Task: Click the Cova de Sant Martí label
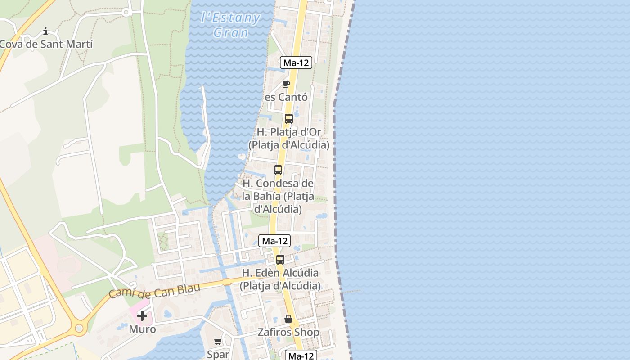click(x=46, y=44)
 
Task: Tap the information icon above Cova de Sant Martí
click(x=45, y=31)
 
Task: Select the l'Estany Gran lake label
click(x=231, y=25)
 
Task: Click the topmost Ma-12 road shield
click(x=296, y=63)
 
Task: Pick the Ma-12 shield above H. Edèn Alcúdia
click(x=274, y=241)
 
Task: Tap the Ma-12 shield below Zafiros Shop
click(x=301, y=355)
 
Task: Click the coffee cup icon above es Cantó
click(x=286, y=84)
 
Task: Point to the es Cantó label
click(x=286, y=97)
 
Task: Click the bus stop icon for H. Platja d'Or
click(x=289, y=119)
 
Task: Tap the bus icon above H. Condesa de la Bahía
click(x=278, y=170)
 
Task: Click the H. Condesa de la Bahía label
click(x=278, y=196)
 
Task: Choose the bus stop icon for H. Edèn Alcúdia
click(x=280, y=260)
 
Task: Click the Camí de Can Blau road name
click(x=154, y=292)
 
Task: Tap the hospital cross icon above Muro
click(x=142, y=316)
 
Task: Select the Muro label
click(x=142, y=329)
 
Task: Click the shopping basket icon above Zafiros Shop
click(x=288, y=319)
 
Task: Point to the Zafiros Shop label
click(x=288, y=332)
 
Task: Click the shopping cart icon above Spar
click(x=218, y=342)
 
